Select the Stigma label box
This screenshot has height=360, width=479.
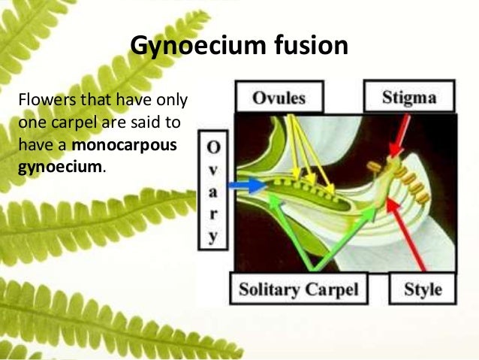[x=410, y=97]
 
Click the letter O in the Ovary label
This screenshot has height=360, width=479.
[x=213, y=144]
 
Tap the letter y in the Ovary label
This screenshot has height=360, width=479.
[x=213, y=235]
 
